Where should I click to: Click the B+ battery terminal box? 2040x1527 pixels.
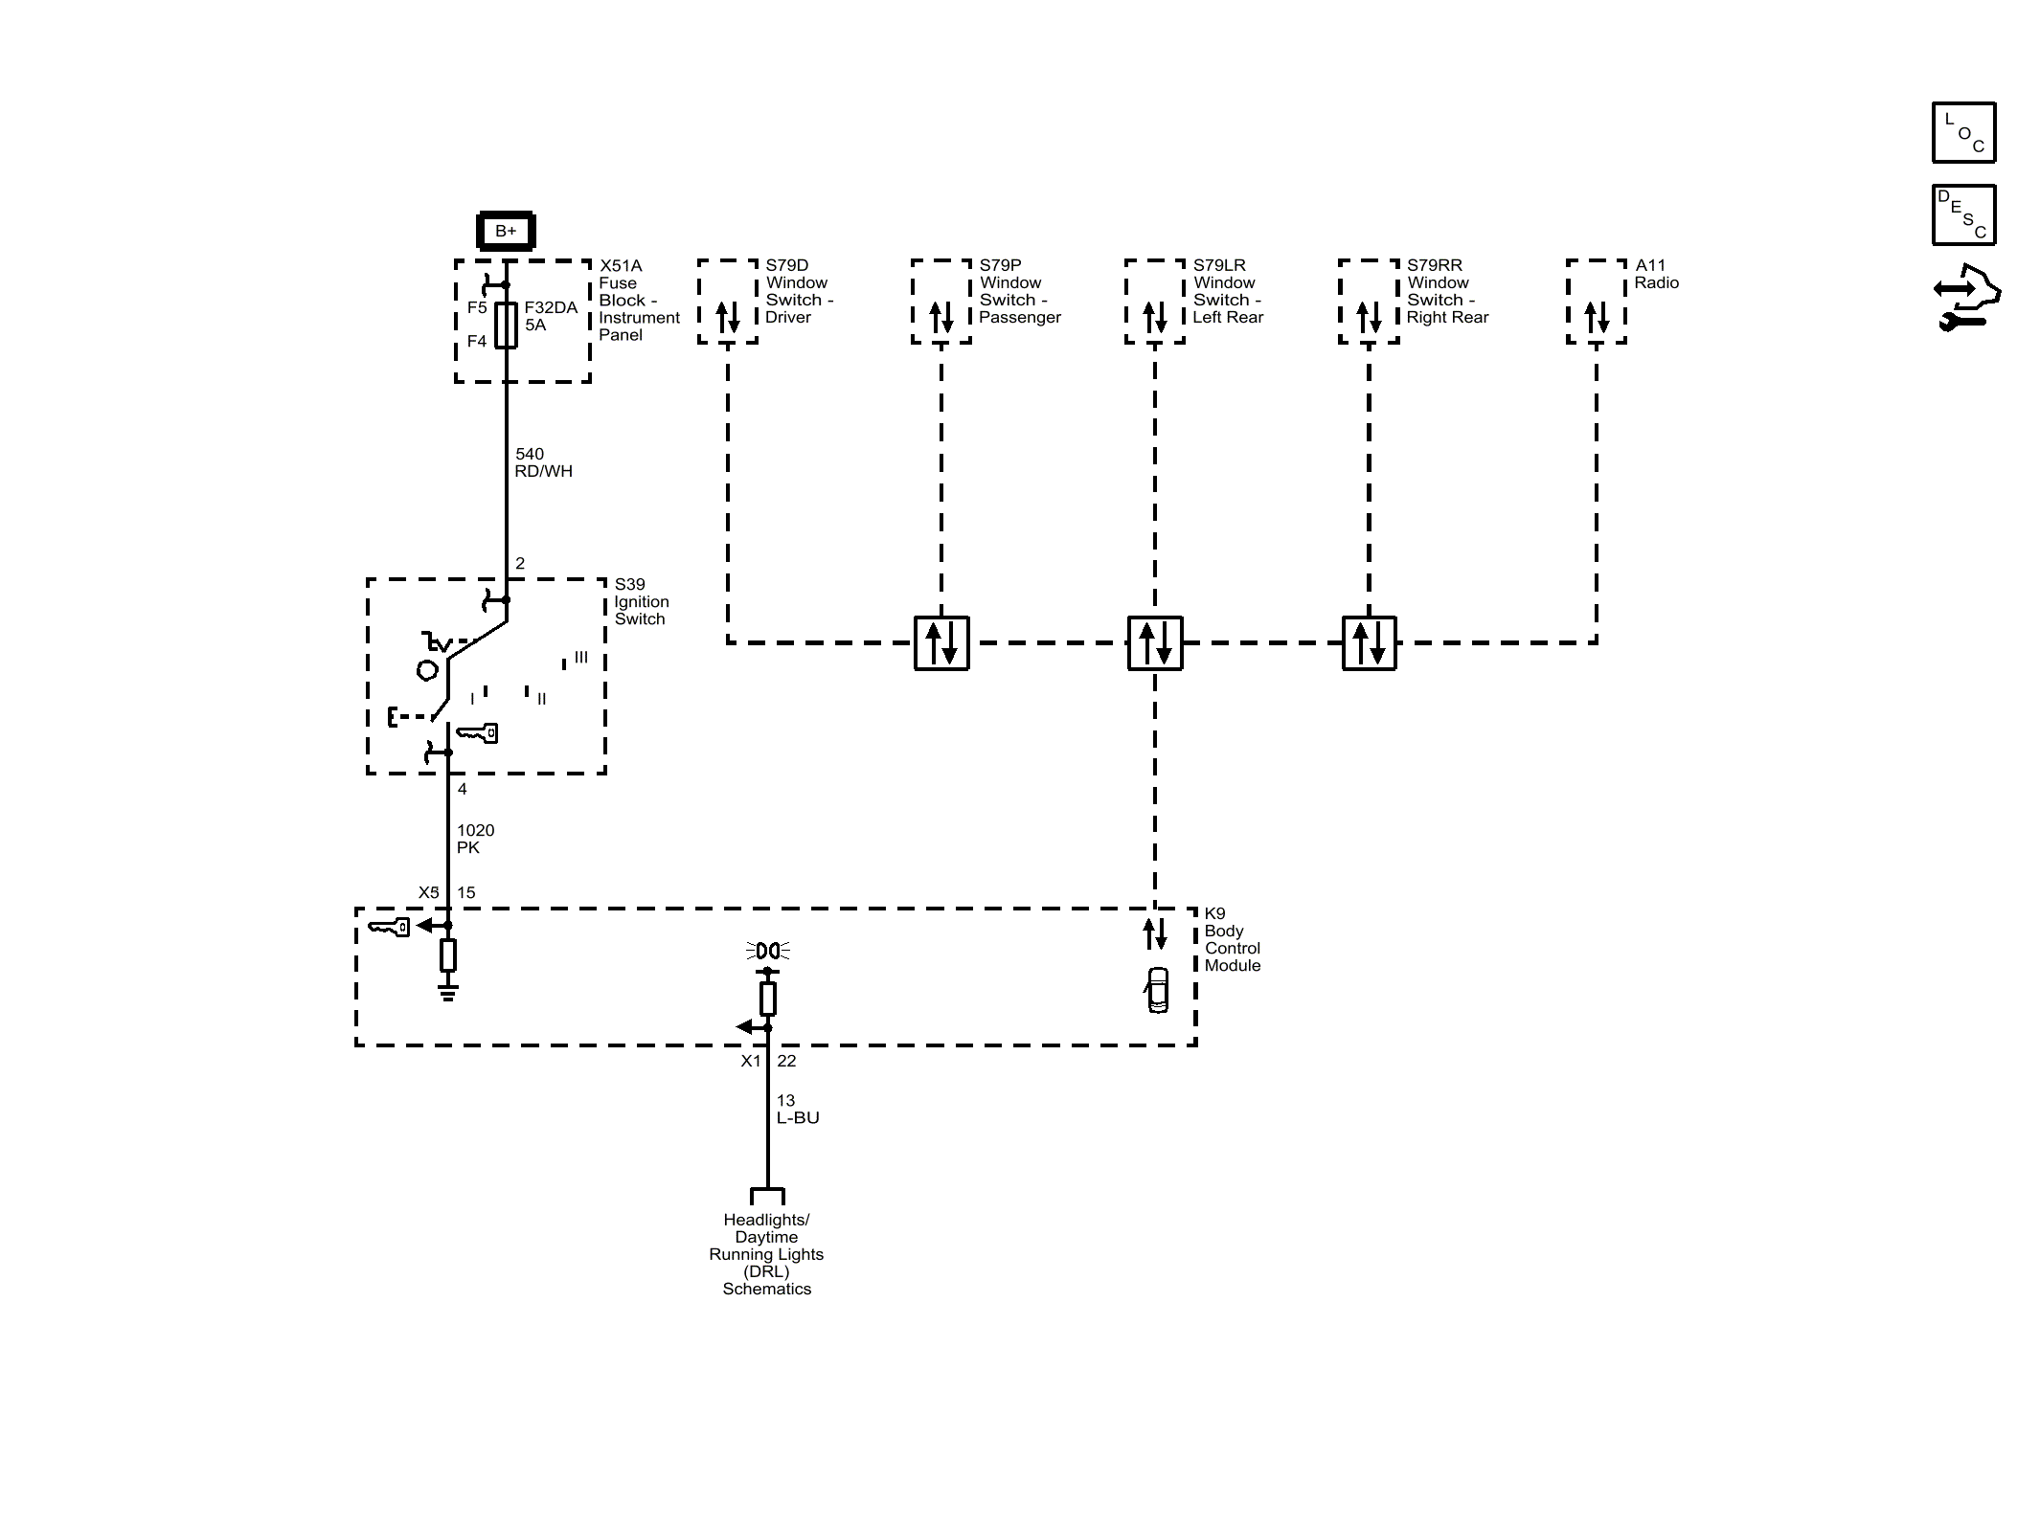506,231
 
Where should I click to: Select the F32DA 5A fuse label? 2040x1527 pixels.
551,316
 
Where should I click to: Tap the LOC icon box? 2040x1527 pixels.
1963,132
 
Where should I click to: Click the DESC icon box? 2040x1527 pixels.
1963,215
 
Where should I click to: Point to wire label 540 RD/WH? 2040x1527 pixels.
543,462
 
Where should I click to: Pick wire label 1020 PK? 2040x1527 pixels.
475,839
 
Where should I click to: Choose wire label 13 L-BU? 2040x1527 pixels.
798,1109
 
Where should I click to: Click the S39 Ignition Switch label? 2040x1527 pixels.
642,601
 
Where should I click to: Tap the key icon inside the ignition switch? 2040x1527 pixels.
477,733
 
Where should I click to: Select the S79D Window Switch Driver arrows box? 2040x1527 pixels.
728,302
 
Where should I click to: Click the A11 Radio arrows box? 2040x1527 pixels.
1597,302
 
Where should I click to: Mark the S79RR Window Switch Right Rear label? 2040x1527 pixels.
1447,291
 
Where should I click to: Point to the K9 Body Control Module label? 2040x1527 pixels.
1233,939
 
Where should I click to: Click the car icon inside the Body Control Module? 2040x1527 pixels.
1158,990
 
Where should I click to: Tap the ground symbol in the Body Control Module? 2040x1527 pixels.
447,990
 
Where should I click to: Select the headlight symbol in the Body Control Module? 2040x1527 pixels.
767,951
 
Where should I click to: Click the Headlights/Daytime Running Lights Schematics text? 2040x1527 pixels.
766,1254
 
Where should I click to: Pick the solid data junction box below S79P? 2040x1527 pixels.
941,642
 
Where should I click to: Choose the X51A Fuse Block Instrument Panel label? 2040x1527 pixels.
639,300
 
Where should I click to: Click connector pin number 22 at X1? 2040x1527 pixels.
786,1061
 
